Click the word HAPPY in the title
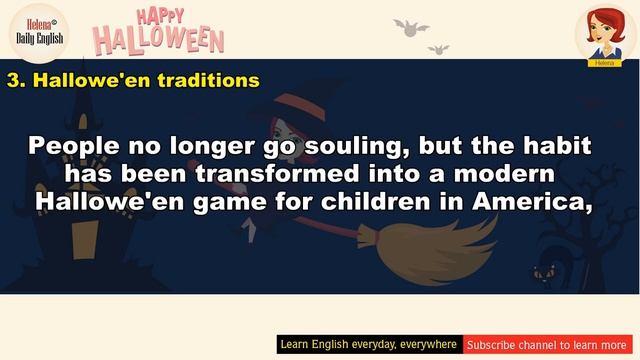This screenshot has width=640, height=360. click(x=160, y=16)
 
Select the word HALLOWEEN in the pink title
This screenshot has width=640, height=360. click(x=159, y=40)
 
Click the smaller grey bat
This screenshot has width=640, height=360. click(x=438, y=48)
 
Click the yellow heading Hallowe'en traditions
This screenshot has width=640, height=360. click(x=133, y=79)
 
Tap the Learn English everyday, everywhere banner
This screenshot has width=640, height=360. click(x=368, y=345)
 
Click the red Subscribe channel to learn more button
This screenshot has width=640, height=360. click(x=545, y=345)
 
